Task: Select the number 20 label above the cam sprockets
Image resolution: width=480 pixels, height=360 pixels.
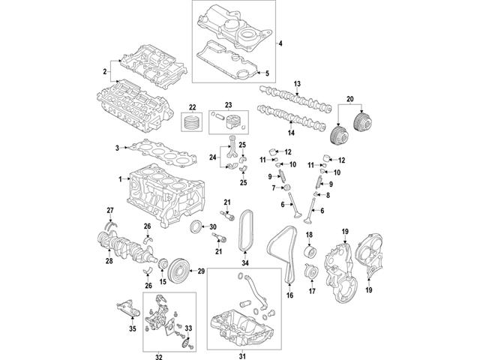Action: pos(349,99)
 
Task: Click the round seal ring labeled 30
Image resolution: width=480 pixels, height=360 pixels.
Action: pos(196,227)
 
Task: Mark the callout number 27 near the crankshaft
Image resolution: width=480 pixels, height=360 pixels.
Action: pos(109,209)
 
